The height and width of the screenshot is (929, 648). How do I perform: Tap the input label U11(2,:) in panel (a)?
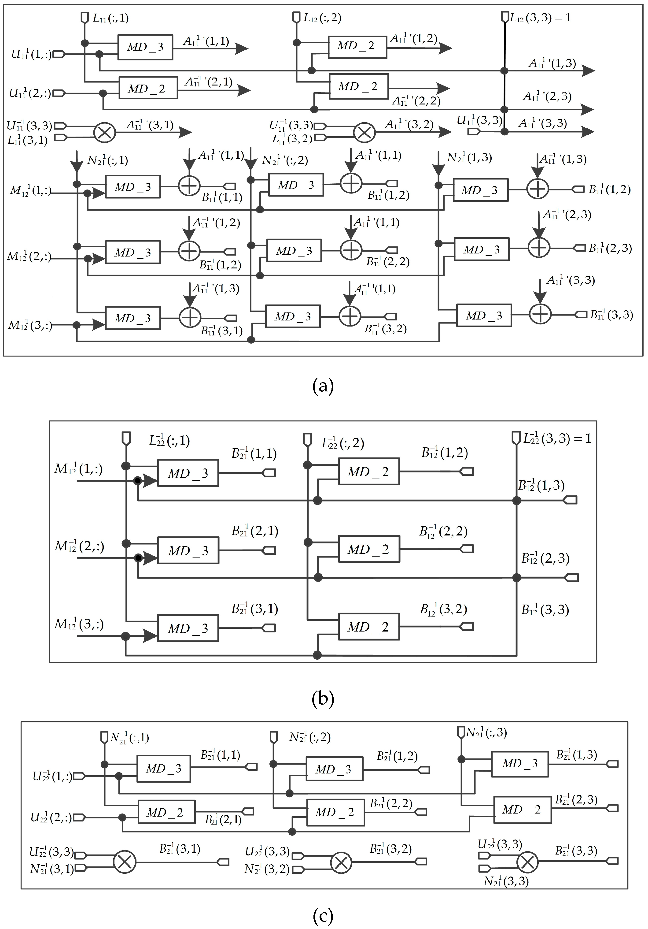click(30, 93)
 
